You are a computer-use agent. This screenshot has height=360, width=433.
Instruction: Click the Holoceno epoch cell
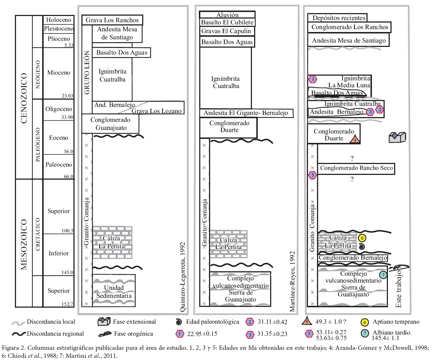(x=57, y=20)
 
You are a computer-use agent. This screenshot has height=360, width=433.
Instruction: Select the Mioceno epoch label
(x=58, y=72)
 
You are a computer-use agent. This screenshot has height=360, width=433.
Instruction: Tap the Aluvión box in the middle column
(x=227, y=15)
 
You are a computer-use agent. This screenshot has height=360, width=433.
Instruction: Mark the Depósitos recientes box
(x=337, y=17)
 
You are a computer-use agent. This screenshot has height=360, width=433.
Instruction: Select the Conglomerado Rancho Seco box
(x=356, y=168)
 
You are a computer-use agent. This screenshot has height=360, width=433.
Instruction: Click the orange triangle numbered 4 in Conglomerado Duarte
(x=356, y=139)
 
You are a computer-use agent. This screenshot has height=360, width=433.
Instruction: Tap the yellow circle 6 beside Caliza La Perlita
(x=362, y=238)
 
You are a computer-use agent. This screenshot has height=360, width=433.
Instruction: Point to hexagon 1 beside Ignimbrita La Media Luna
(x=312, y=79)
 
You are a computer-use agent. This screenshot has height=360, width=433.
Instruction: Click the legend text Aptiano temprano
(x=396, y=321)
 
